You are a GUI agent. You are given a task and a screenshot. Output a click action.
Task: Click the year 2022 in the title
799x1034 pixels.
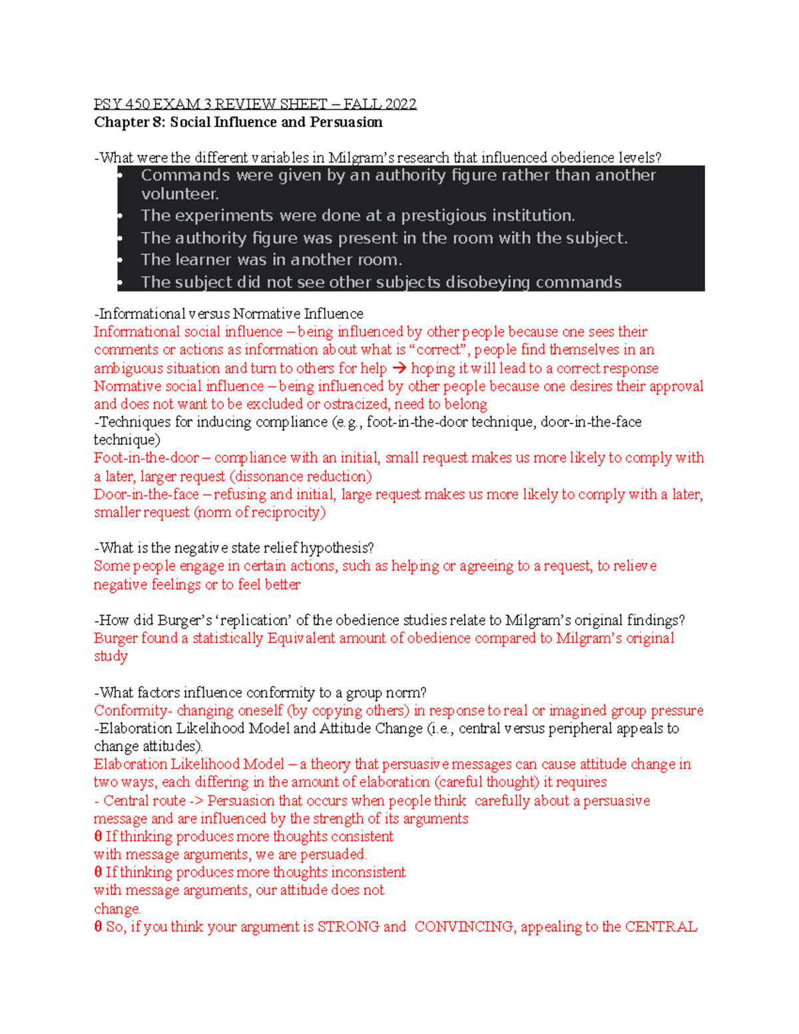click(x=401, y=104)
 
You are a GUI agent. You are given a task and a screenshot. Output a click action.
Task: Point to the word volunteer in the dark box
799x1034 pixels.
click(x=179, y=194)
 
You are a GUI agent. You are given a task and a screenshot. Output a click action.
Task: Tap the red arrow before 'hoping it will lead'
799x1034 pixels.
click(x=399, y=368)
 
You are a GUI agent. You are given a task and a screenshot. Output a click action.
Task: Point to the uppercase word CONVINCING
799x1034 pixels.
click(x=464, y=927)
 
